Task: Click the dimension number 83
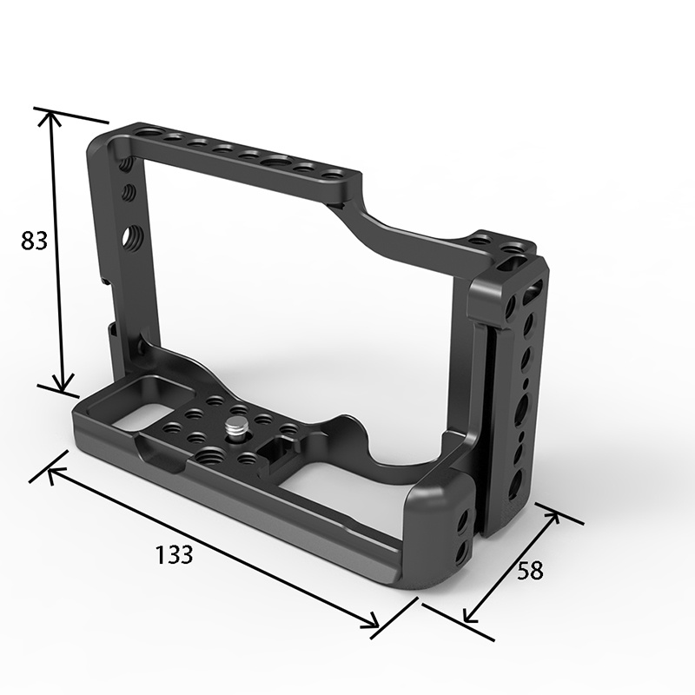click(35, 241)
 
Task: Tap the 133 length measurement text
click(175, 554)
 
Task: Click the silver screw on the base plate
click(236, 427)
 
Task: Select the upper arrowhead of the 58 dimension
click(552, 516)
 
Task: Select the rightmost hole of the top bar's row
click(331, 175)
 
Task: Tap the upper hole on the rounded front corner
click(461, 520)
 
